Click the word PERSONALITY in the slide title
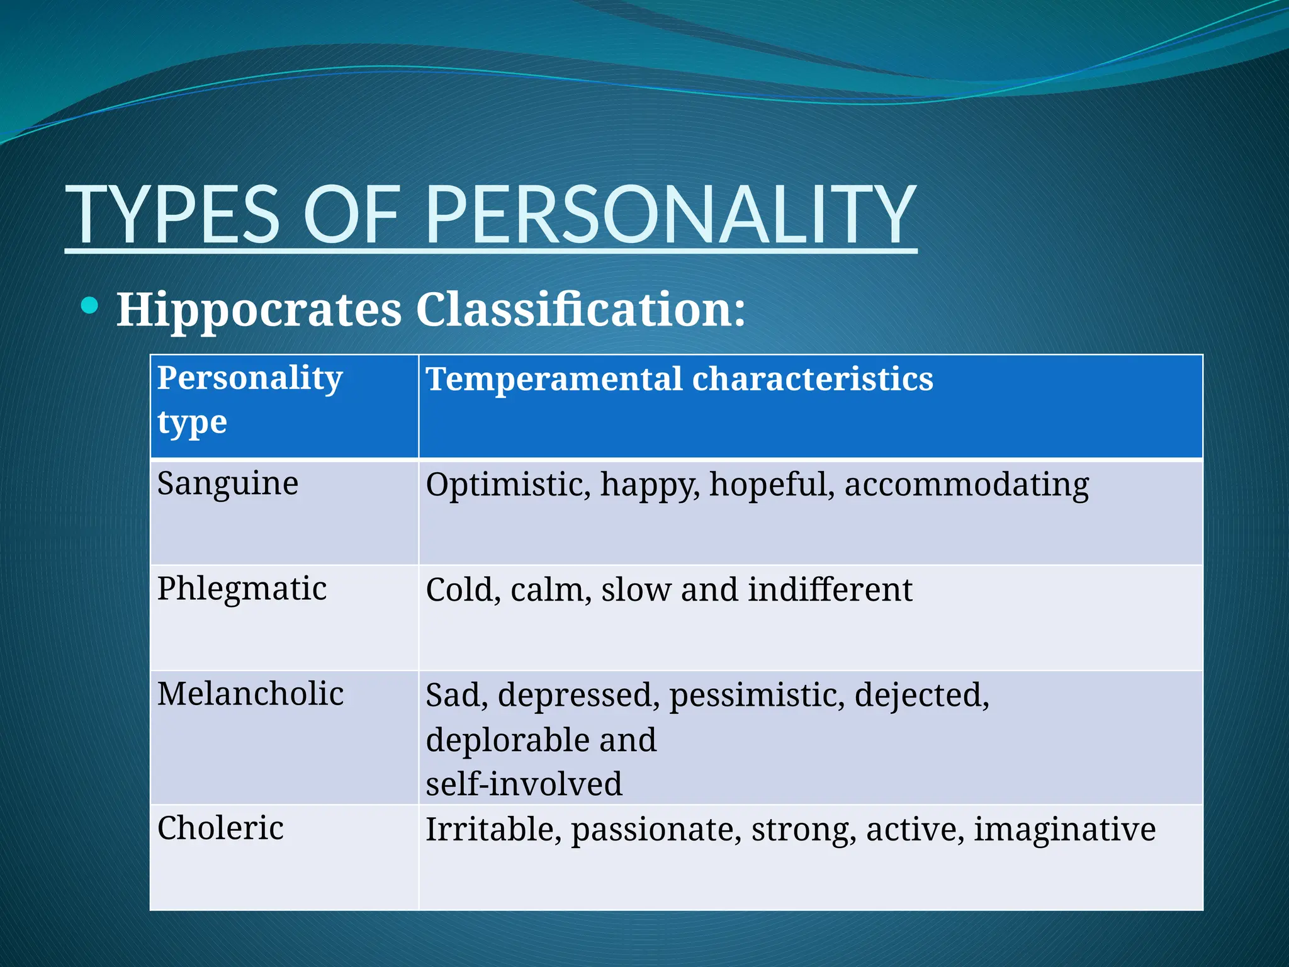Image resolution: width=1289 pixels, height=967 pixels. (x=670, y=214)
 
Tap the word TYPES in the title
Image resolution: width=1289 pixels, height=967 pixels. (x=173, y=214)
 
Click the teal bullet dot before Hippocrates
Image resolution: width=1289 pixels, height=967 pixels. (x=90, y=306)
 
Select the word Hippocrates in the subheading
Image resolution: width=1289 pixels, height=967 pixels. (x=259, y=310)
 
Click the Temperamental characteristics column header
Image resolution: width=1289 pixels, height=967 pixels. (x=679, y=379)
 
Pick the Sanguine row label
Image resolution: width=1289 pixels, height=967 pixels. (x=228, y=484)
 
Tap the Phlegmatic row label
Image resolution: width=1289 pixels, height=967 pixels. (x=242, y=589)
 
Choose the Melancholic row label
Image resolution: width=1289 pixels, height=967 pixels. (x=250, y=694)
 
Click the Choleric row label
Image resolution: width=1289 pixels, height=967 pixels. (x=220, y=828)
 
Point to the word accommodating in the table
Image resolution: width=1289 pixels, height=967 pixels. (x=966, y=485)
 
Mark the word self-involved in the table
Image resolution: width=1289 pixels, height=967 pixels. (x=524, y=784)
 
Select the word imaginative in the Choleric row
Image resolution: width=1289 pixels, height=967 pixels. (x=1064, y=829)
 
